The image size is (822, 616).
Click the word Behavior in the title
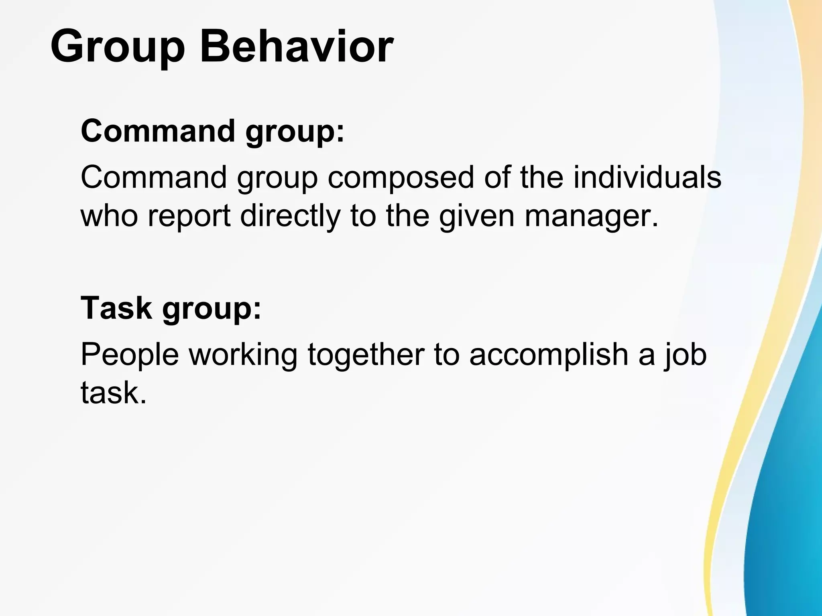(x=297, y=47)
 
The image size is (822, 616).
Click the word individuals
(x=647, y=177)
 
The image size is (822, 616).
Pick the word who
(x=110, y=216)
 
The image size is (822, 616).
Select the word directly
(x=290, y=216)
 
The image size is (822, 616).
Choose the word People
(x=130, y=355)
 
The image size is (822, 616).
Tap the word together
(x=366, y=355)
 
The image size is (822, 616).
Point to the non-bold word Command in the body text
(x=154, y=177)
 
